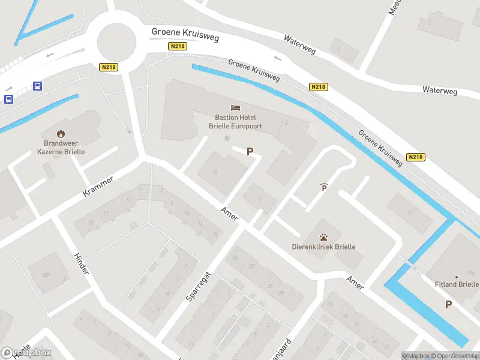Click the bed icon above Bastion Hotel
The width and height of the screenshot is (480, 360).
pos(236,107)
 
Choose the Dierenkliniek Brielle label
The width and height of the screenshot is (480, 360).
pos(323,247)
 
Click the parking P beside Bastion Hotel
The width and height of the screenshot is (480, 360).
pos(250,152)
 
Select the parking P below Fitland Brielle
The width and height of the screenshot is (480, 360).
pos(448,304)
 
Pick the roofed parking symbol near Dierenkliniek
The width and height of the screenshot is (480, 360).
pos(324,187)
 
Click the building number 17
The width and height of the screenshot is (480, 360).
pos(410,212)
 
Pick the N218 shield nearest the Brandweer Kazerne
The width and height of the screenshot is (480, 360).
pos(108,67)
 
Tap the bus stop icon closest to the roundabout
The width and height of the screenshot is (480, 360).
pos(37,86)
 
